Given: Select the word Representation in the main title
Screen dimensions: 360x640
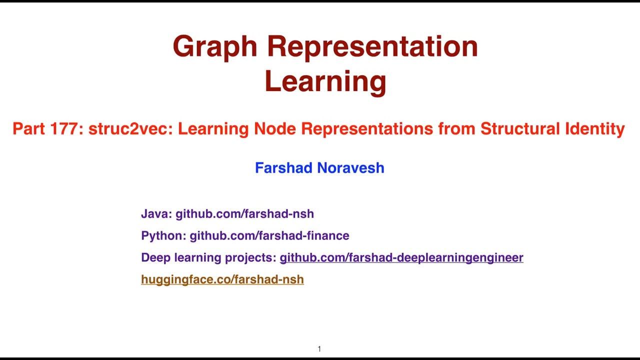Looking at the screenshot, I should coord(372,46).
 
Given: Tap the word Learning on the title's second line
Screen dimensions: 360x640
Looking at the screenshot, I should coord(325,81).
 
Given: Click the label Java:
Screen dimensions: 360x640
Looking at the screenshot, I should coord(156,214).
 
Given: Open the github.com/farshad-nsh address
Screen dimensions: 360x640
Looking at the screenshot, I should coord(244,214).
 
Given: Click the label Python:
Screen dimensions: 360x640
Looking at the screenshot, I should coord(163,235).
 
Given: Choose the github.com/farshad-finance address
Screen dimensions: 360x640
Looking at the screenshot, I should coord(269,235).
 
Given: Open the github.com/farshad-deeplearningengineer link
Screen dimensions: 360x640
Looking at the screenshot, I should coord(401,257).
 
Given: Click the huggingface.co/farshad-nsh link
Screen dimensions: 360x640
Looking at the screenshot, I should coord(222,279).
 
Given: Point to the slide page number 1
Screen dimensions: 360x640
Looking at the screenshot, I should coord(319,349).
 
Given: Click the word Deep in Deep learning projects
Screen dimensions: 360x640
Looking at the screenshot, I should coord(154,257).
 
